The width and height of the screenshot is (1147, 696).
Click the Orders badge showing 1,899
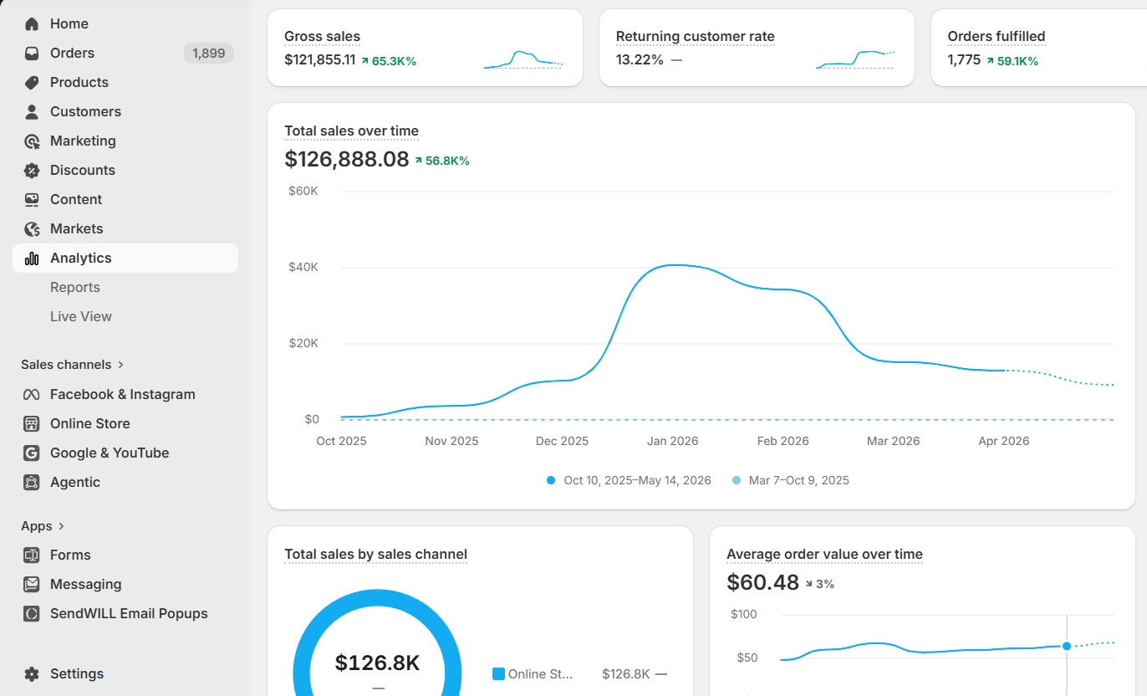tap(208, 54)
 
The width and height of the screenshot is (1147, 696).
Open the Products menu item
tap(79, 83)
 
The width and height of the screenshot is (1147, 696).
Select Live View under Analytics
tap(81, 317)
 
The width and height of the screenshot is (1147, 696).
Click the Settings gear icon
tap(32, 674)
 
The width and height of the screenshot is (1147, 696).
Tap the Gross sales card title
tap(322, 36)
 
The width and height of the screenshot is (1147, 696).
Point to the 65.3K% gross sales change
tap(394, 61)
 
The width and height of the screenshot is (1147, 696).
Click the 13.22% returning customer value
tap(640, 60)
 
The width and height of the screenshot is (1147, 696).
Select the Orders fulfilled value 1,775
tap(964, 60)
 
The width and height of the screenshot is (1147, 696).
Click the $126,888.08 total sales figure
tap(347, 159)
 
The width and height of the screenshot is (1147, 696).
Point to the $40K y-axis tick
tap(303, 267)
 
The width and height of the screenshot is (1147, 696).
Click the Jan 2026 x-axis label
tap(672, 442)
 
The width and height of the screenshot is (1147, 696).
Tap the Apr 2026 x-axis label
tap(1003, 442)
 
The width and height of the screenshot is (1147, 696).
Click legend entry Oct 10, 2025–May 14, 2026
tap(637, 481)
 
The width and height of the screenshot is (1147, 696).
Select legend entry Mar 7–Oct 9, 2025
tap(798, 481)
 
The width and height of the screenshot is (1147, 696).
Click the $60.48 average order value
tap(762, 583)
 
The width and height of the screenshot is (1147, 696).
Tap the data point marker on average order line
tap(1067, 647)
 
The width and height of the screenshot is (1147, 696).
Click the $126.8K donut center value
tap(377, 663)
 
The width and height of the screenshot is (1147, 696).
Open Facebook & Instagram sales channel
tap(122, 395)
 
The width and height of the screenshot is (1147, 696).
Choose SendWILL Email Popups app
tap(129, 614)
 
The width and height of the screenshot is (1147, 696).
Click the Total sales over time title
tap(351, 131)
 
